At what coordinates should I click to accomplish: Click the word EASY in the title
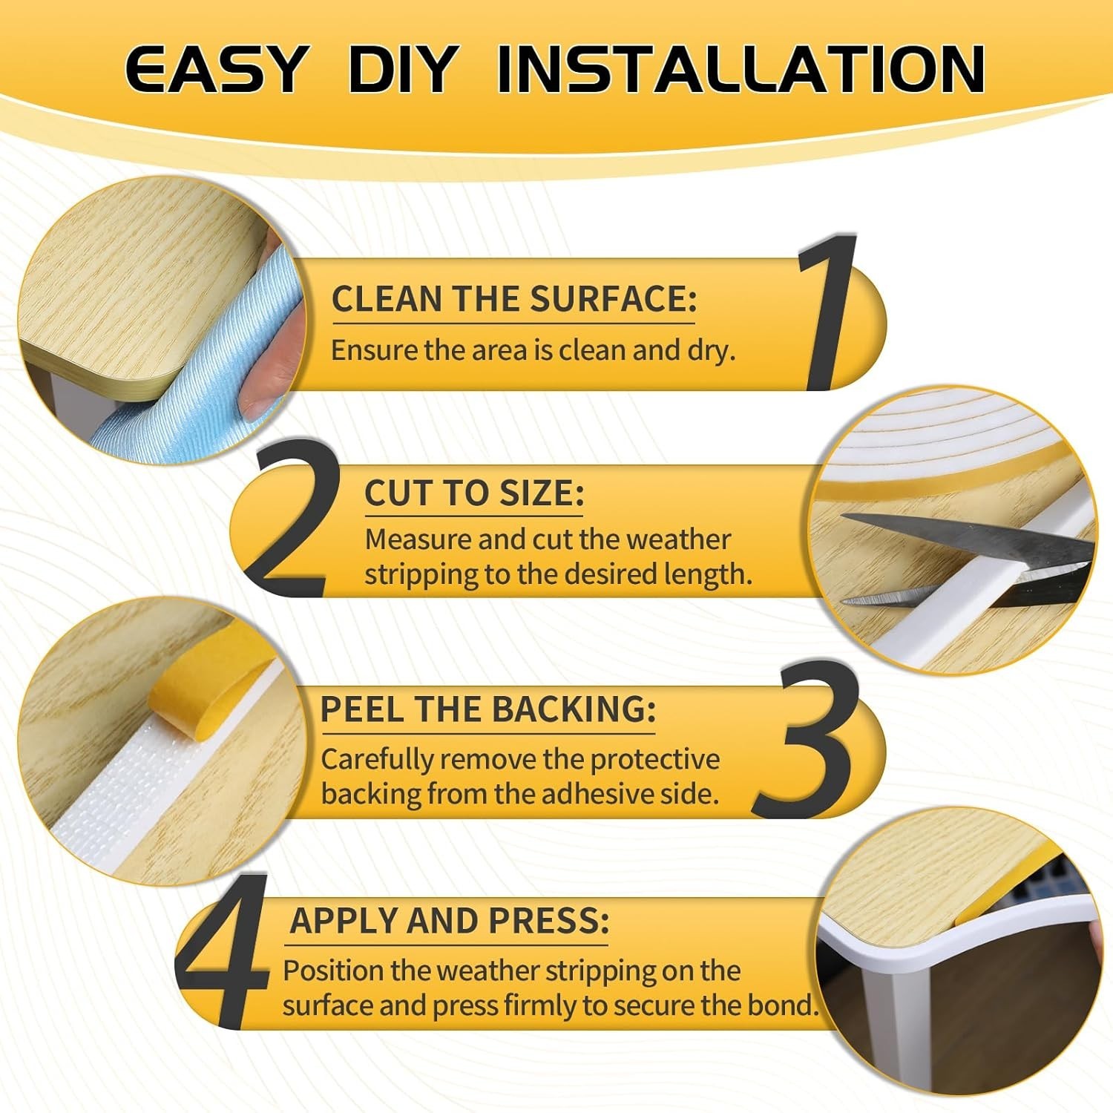pos(215,69)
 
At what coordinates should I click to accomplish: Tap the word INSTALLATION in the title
pos(741,69)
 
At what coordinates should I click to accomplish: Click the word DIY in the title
pos(401,69)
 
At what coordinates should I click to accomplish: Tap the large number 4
pos(223,951)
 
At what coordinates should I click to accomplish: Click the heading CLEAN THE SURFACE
pos(514,299)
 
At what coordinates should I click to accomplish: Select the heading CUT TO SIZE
pos(474,493)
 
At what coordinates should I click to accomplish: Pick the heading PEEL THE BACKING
pos(488,709)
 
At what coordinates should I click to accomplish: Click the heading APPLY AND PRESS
pos(449,920)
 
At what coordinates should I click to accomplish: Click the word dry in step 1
pos(711,350)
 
